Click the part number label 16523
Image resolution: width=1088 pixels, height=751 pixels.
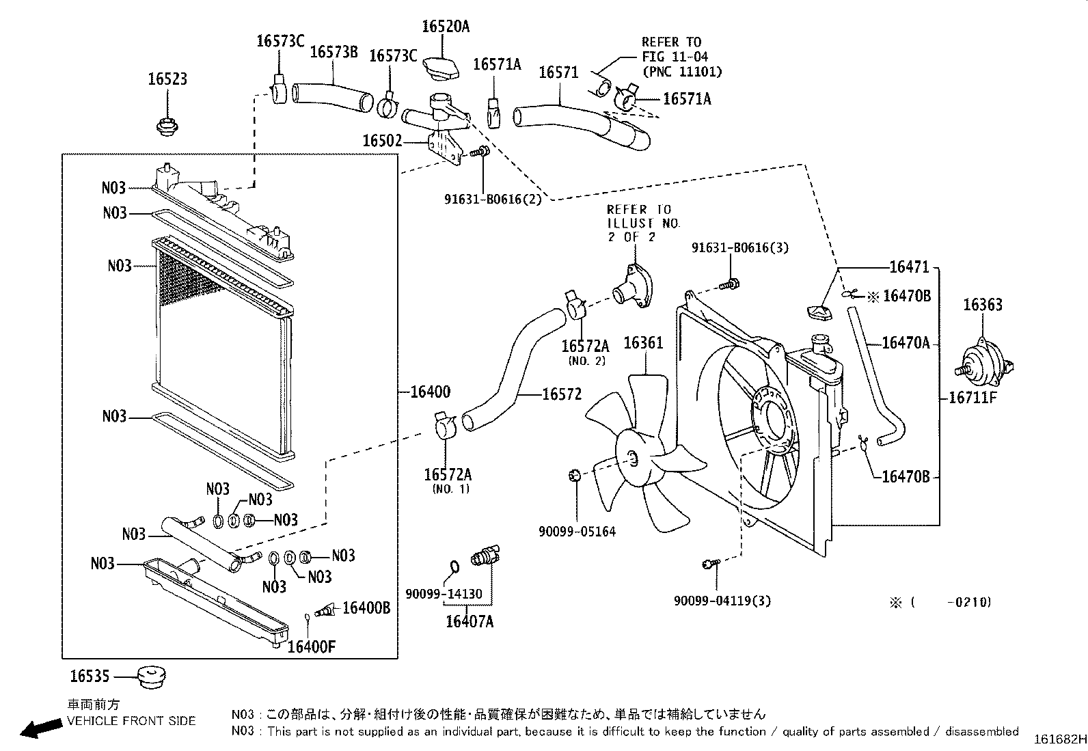click(167, 79)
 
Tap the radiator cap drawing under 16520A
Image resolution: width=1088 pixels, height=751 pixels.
click(441, 68)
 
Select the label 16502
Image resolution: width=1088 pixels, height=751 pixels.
click(382, 141)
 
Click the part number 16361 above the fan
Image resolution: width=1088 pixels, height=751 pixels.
click(643, 343)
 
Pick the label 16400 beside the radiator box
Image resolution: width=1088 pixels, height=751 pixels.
click(431, 392)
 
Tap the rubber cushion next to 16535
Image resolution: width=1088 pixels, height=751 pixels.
click(150, 677)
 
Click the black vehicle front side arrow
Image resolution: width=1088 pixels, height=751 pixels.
click(41, 728)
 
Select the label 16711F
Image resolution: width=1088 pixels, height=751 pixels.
click(973, 398)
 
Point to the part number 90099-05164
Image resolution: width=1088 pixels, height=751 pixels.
click(577, 532)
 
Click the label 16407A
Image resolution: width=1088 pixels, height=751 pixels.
click(470, 621)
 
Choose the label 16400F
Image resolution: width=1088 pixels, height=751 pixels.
click(312, 646)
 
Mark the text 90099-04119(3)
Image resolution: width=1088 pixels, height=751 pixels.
click(722, 601)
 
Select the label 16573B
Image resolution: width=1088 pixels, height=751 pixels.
click(334, 51)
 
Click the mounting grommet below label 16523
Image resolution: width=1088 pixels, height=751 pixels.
click(167, 127)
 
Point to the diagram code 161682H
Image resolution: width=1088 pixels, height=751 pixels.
click(1060, 739)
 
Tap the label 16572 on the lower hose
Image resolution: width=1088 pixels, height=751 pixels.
click(562, 394)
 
